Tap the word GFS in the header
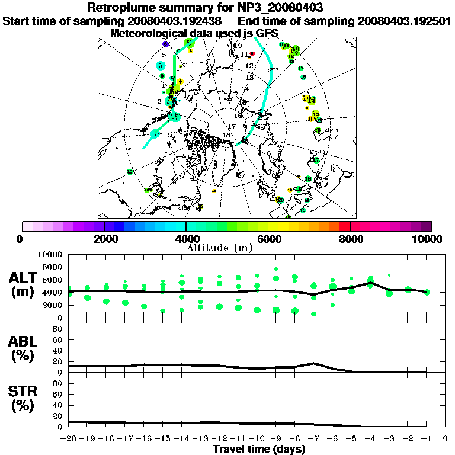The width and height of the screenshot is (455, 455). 266,33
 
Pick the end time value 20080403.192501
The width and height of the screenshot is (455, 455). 404,21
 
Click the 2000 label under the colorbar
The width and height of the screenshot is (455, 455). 104,239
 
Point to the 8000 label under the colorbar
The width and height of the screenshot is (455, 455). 350,239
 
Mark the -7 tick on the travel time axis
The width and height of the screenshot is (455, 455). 314,440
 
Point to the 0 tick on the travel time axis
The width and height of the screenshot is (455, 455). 446,440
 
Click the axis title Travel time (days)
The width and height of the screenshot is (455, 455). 259,450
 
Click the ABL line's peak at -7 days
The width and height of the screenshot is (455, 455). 314,363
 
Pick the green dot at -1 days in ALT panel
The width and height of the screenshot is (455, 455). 427,292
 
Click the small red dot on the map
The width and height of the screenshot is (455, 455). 252,53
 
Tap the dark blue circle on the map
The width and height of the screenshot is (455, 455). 166,45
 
